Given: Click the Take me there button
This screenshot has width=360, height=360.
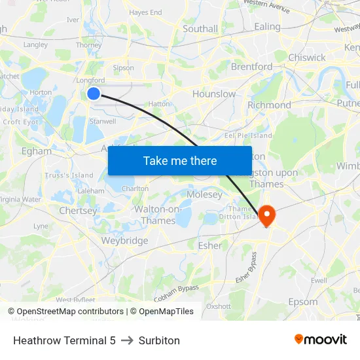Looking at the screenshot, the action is tap(180, 160).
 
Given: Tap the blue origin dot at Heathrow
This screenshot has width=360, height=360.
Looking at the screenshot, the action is tap(94, 94).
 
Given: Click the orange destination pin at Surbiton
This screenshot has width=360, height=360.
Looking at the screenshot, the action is tap(267, 215).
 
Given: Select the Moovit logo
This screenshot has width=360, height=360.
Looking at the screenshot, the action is tap(320, 339).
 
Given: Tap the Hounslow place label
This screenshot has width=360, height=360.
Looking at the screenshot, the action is tap(214, 94).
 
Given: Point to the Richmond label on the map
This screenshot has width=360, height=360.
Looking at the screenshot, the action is tap(269, 105).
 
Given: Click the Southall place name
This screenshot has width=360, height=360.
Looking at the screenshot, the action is tap(200, 29).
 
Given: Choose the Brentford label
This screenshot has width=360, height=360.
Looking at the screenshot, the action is tap(252, 67).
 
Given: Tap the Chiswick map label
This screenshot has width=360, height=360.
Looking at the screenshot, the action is tap(307, 58).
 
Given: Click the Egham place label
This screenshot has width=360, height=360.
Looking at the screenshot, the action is tap(37, 151).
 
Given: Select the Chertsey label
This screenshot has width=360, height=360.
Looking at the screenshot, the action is tap(78, 211).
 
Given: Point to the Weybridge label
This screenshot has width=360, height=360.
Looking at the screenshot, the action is tap(124, 241).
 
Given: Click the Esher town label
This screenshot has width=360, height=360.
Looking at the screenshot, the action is tap(210, 245).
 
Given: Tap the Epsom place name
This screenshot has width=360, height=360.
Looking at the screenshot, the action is tap(303, 302).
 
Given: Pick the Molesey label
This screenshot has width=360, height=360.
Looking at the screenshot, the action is tap(205, 194).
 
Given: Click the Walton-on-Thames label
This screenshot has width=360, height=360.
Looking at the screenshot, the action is tap(158, 215).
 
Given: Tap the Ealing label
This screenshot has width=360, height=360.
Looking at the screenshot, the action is tap(267, 27).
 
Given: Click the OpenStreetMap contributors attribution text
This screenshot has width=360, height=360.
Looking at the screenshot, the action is tap(70, 312).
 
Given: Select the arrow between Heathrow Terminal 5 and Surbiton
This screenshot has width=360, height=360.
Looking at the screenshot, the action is tap(127, 340).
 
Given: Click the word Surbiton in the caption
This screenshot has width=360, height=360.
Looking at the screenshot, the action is tap(159, 340).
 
